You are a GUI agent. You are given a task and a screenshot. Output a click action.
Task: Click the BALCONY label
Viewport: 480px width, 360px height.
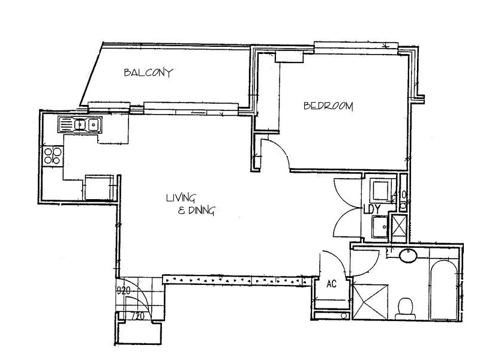point(148,73)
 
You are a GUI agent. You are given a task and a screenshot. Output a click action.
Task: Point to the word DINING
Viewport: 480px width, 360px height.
point(200,211)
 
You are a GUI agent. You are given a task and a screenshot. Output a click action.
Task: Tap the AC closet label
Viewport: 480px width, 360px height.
point(331,285)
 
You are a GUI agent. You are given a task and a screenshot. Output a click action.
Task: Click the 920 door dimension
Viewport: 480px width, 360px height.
point(124,291)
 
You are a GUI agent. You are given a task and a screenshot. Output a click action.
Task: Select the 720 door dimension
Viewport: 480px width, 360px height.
point(139,315)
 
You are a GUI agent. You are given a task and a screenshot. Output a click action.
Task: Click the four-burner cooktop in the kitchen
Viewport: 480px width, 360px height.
point(52,155)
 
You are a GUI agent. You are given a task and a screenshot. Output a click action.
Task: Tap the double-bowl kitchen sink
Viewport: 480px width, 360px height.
point(80,125)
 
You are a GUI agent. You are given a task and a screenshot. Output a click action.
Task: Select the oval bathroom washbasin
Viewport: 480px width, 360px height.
point(409,256)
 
